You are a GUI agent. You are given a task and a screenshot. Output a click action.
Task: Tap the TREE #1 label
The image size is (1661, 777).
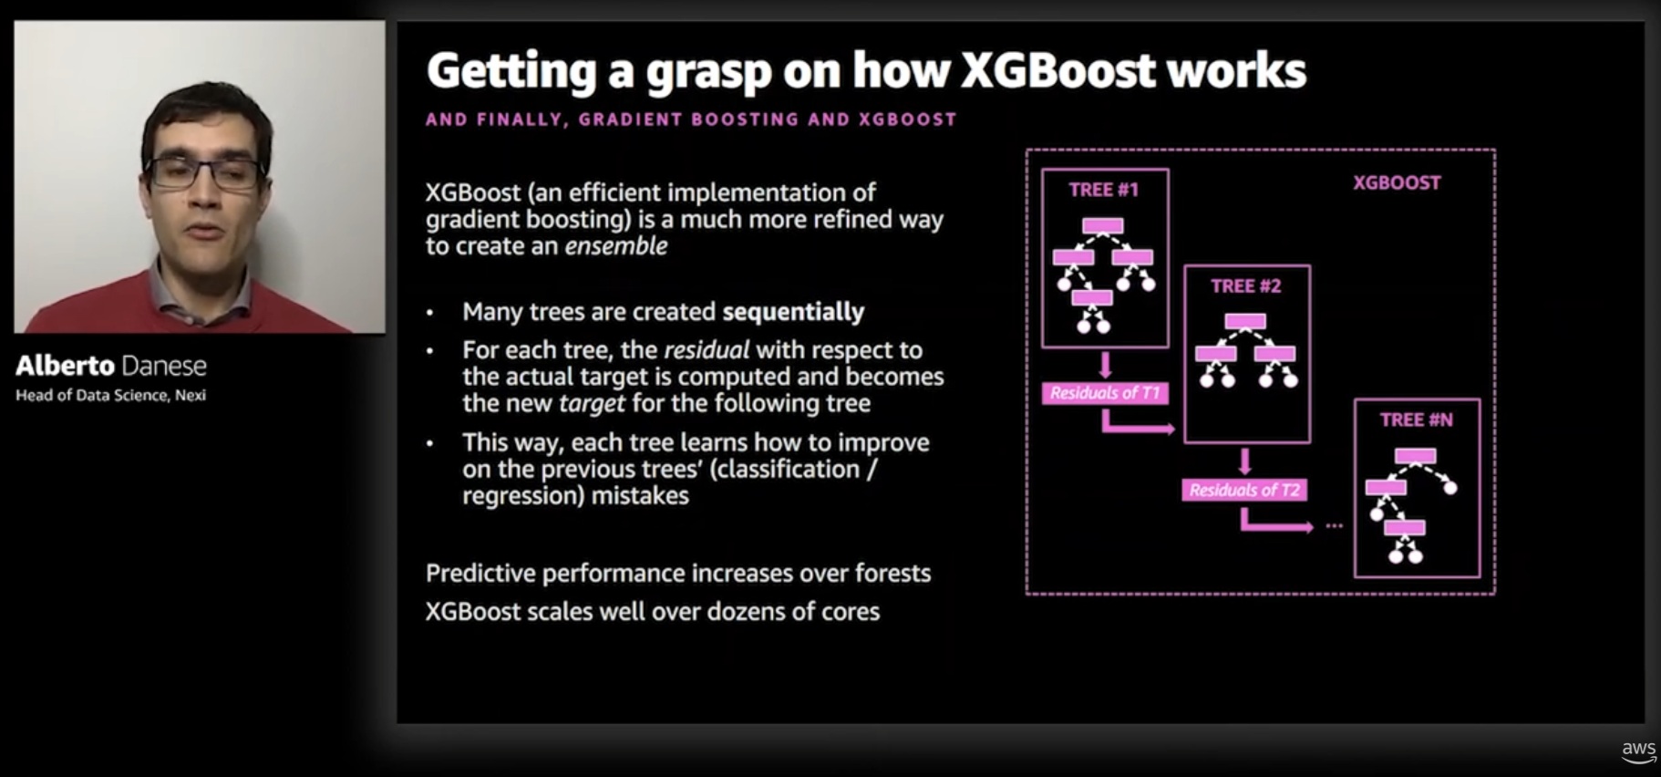pos(1103,190)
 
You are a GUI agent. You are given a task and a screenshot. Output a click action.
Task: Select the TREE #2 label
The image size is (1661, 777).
pos(1245,286)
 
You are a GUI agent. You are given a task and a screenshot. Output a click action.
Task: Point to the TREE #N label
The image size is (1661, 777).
pos(1416,420)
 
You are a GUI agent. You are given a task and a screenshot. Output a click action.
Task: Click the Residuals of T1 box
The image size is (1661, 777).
pos(1104,393)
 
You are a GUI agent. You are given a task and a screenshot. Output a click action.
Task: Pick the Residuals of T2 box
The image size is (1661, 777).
pos(1244,490)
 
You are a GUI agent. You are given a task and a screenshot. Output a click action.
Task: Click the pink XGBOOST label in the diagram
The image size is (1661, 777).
pos(1396,182)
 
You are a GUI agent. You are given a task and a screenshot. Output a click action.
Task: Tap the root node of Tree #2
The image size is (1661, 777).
pos(1245,321)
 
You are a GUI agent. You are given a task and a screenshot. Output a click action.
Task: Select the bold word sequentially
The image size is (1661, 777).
pos(793,312)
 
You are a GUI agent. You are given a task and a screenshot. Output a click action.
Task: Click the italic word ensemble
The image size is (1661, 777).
pos(616,246)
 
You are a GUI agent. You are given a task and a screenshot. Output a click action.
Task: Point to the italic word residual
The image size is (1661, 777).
pos(707,350)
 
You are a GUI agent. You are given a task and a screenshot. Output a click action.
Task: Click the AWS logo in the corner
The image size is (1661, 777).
pos(1638,751)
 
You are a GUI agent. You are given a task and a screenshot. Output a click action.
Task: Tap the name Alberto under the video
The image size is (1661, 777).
pos(65,366)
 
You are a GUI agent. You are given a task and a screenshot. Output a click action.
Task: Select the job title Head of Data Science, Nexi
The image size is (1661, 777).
pos(110,395)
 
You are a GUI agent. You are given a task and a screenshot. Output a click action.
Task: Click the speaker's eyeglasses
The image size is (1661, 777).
pos(206,172)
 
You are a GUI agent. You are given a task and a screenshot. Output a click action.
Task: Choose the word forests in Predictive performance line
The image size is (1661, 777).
pos(892,574)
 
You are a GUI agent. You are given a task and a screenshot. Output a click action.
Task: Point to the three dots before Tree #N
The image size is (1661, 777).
pos(1334,526)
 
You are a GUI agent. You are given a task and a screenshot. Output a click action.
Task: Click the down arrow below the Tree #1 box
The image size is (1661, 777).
pos(1105,366)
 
